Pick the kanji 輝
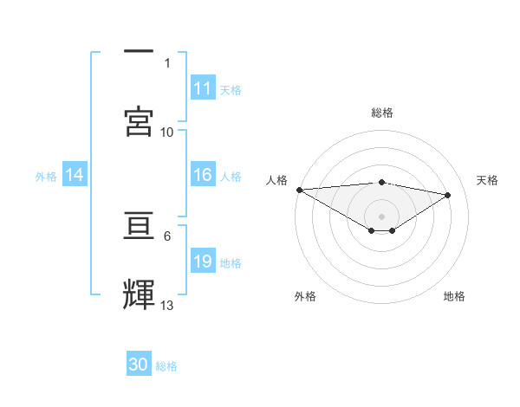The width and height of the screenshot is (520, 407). point(139,294)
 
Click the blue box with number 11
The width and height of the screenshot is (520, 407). point(203,88)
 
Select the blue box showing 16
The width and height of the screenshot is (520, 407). point(203,176)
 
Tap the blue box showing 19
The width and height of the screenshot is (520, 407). point(203,262)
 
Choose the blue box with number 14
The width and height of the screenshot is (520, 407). point(75,176)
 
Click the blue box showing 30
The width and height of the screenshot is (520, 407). point(139,365)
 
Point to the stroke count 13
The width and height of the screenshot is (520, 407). point(167,305)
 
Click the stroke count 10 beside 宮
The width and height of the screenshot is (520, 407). point(167,132)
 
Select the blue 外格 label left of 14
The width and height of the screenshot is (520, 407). point(46,177)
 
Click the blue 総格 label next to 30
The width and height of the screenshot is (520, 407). point(166,366)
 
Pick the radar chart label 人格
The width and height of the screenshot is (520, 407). point(276,179)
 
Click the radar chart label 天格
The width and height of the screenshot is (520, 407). point(488,179)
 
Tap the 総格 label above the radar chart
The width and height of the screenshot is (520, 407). point(382,113)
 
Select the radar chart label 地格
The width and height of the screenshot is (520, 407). point(454,296)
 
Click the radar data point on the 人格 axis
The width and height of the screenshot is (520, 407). point(299,190)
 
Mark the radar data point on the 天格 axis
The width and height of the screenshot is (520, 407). point(448,195)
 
